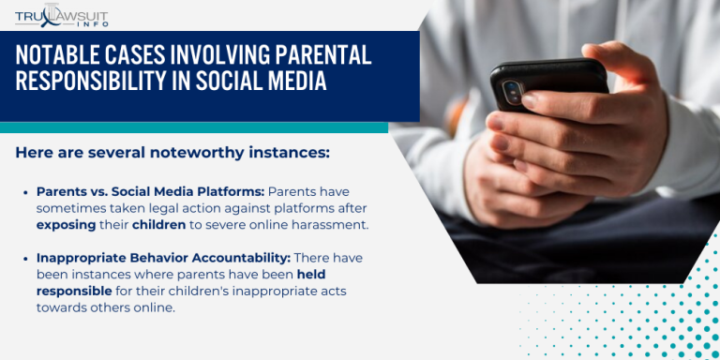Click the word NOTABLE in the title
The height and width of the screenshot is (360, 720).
tap(58, 55)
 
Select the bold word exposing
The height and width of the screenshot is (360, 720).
tap(69, 225)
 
